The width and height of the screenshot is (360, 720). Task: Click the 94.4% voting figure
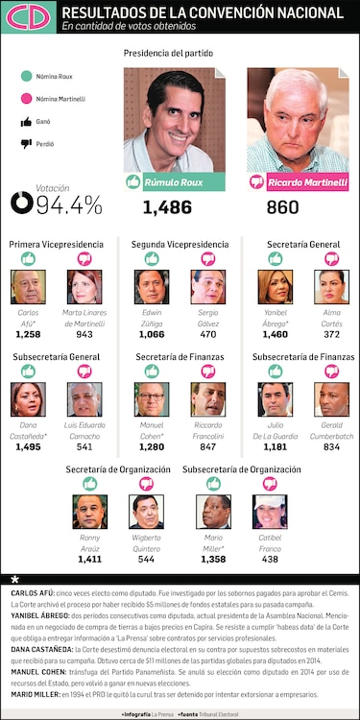point(69,204)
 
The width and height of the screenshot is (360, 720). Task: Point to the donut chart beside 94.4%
point(21,204)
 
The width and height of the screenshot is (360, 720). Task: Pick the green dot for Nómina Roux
point(25,75)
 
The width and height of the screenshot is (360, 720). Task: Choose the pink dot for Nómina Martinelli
point(25,98)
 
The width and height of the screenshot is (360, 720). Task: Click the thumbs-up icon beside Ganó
point(25,121)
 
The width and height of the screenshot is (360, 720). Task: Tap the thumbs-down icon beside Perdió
point(25,144)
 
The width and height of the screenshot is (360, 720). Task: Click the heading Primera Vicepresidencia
point(54,245)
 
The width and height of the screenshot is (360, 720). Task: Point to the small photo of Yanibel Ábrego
point(276,286)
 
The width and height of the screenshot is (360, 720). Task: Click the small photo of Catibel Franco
point(270,512)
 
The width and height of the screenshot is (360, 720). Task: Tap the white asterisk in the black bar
point(14,581)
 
